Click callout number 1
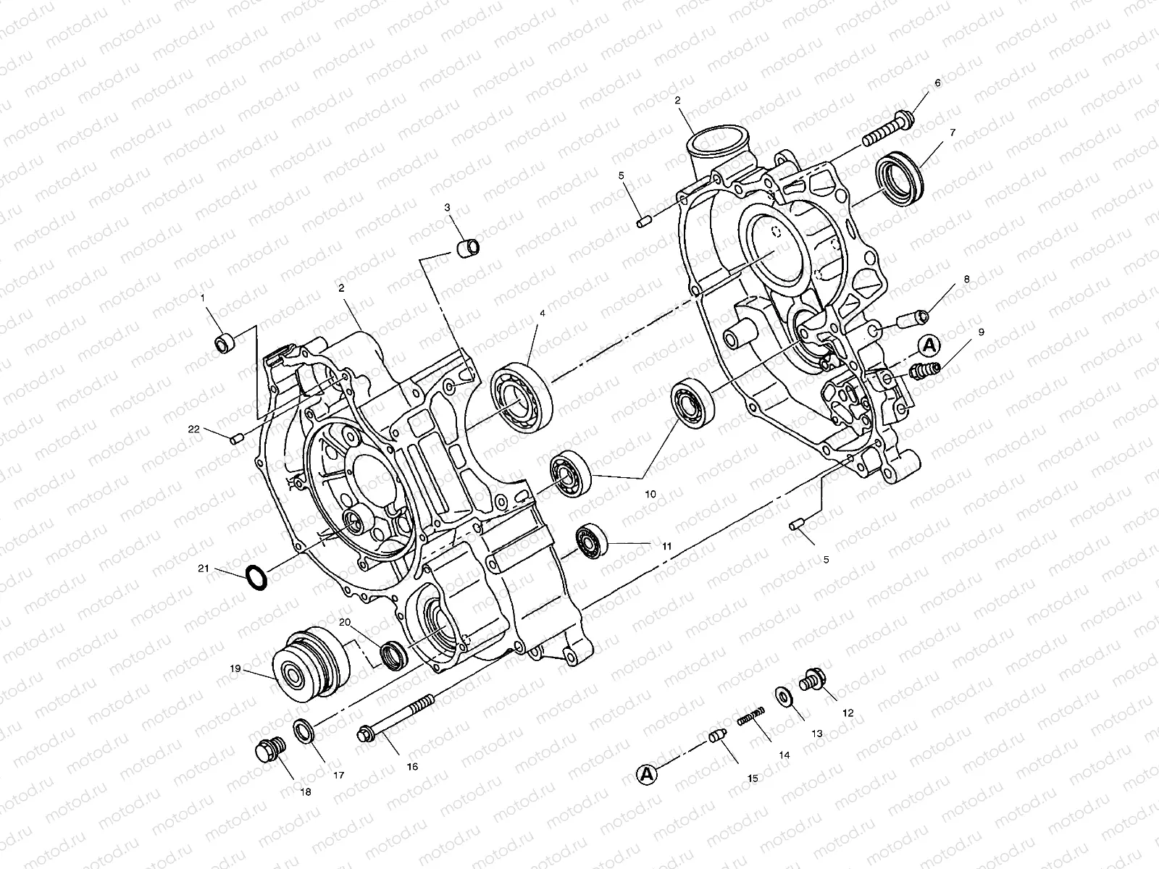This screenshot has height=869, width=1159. (204, 298)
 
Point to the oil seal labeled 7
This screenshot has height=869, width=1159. (902, 175)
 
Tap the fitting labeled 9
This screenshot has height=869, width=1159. (926, 371)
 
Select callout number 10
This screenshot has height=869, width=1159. (650, 494)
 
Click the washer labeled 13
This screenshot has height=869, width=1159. (784, 695)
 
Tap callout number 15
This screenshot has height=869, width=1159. (753, 778)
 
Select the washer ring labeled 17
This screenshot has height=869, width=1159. (304, 731)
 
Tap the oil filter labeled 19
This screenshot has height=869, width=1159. (310, 664)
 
